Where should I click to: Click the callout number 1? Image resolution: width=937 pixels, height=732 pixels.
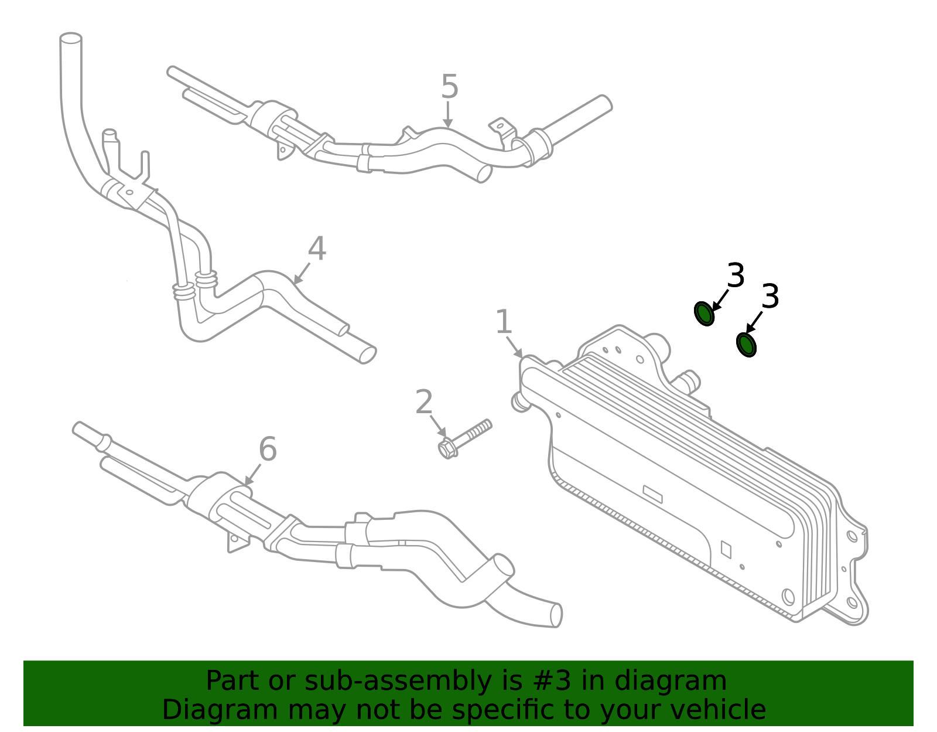[504, 322]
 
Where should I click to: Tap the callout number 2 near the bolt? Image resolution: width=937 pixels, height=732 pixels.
[424, 403]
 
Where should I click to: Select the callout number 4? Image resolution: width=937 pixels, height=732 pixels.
[317, 249]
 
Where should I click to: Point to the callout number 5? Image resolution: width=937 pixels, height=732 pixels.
[449, 87]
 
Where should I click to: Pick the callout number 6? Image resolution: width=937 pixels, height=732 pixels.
[268, 450]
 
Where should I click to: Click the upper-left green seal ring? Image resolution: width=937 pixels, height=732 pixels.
[704, 314]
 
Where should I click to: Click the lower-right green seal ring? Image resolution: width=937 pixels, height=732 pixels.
[746, 345]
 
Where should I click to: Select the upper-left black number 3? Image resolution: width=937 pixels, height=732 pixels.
[736, 275]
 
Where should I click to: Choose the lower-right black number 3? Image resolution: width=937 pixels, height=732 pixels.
[771, 297]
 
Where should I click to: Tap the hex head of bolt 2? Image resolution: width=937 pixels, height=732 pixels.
[447, 448]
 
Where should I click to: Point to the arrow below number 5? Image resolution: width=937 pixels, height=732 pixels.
[448, 115]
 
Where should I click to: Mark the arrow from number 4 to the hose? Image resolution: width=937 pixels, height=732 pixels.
[301, 274]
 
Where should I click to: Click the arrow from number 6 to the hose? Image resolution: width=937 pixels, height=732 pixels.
[253, 474]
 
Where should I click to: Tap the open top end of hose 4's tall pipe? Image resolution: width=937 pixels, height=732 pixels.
[71, 38]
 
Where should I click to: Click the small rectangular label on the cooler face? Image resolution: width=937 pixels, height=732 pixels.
[652, 494]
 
